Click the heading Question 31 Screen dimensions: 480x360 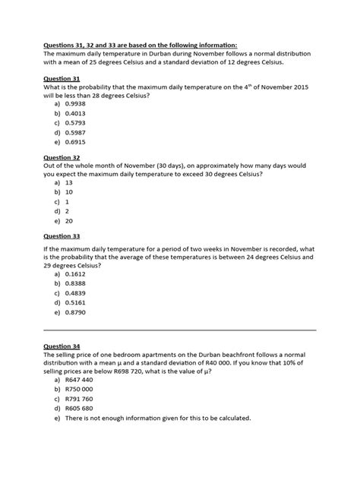[64, 78]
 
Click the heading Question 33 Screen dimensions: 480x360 [64, 236]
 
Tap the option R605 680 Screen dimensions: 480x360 [79, 418]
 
